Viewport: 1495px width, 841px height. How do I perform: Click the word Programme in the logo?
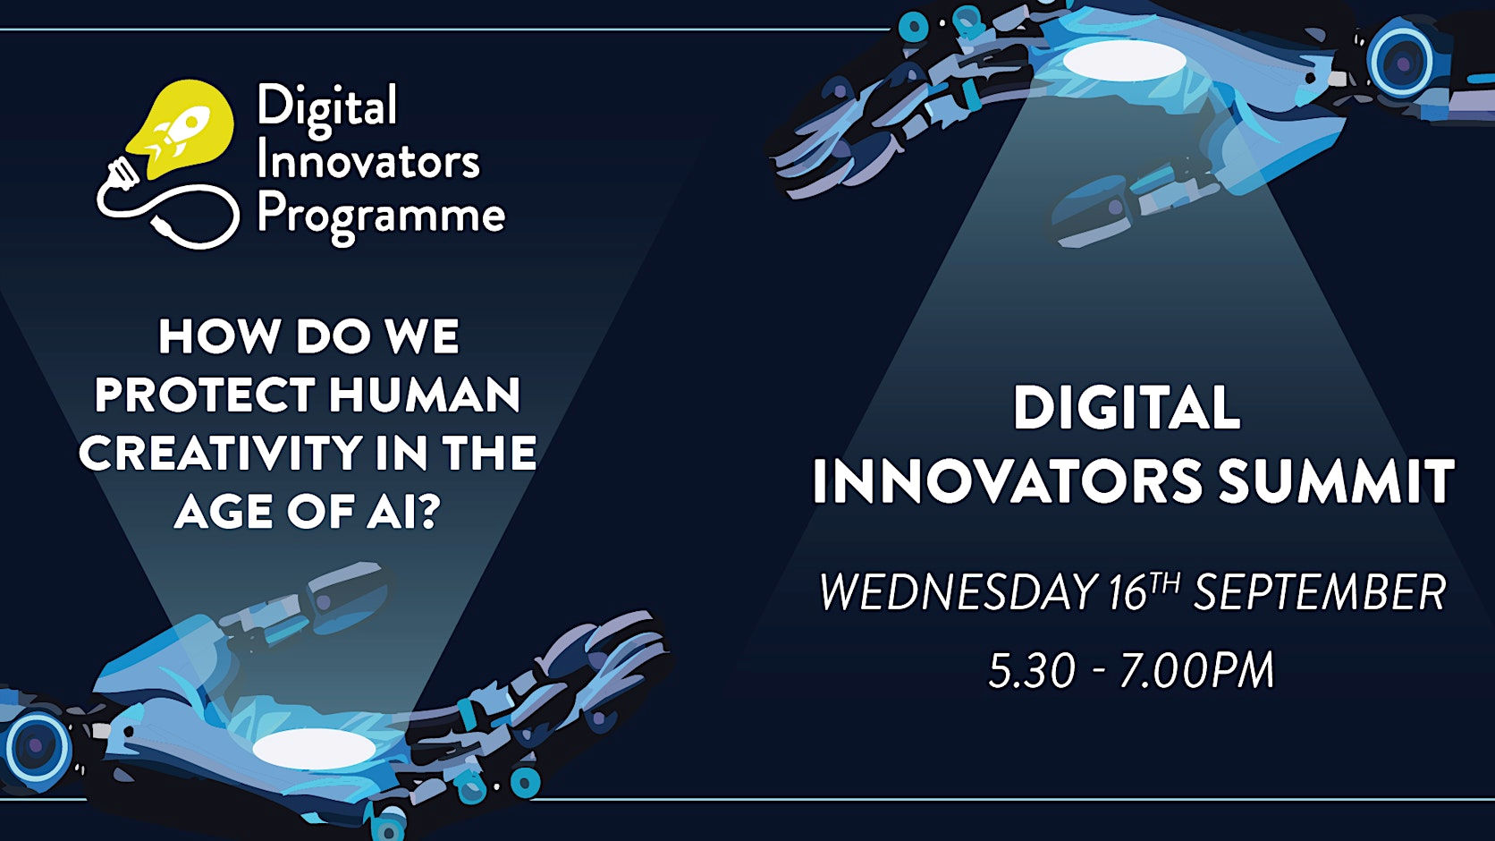click(x=381, y=217)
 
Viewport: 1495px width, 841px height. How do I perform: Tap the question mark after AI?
click(x=427, y=511)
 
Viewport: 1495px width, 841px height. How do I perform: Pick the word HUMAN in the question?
click(x=425, y=395)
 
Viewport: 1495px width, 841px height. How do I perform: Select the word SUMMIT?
click(x=1336, y=481)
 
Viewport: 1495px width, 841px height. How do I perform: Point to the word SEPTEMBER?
click(x=1320, y=591)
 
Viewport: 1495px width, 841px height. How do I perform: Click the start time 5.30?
click(x=1032, y=670)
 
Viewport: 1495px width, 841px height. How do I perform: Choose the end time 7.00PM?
click(x=1196, y=670)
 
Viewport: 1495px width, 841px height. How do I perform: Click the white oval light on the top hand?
click(x=1125, y=61)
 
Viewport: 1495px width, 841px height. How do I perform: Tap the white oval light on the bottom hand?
click(x=314, y=749)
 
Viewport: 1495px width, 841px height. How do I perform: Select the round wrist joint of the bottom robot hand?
click(x=37, y=745)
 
